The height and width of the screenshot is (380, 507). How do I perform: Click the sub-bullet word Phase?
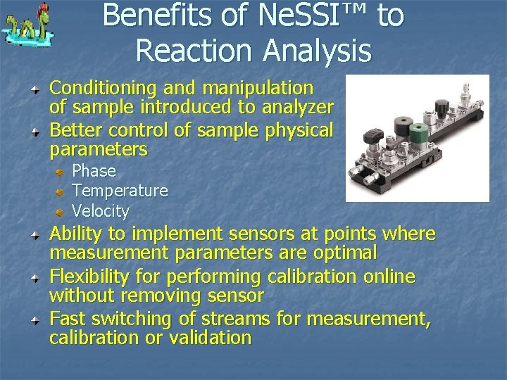point(94,171)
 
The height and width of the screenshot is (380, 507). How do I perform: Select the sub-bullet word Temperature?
point(120,191)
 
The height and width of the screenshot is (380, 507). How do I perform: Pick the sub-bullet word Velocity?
point(101,211)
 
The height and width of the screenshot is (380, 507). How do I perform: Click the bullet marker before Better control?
point(35,131)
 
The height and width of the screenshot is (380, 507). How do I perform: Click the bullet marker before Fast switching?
point(35,319)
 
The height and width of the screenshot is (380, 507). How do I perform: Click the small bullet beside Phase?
point(61,172)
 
